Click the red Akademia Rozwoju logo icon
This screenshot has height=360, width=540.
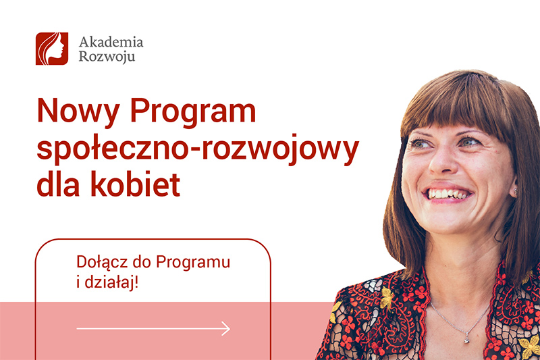pyautogui.click(x=52, y=49)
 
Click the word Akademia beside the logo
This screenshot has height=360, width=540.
pyautogui.click(x=111, y=43)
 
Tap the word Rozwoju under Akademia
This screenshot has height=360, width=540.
pyautogui.click(x=107, y=57)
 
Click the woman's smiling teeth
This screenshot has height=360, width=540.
pyautogui.click(x=449, y=193)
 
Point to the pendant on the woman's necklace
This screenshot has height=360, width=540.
pyautogui.click(x=466, y=339)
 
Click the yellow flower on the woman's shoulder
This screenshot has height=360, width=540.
pyautogui.click(x=386, y=295)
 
